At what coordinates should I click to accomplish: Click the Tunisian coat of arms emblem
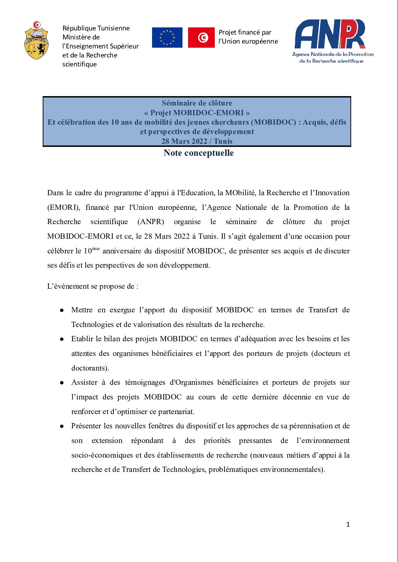[36, 41]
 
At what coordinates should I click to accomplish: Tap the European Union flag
[167, 38]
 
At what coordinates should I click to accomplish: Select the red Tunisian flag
[201, 38]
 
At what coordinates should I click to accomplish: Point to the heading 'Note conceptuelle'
[199, 153]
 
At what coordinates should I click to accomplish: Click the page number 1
[348, 524]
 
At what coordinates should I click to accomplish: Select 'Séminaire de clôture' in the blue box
[197, 103]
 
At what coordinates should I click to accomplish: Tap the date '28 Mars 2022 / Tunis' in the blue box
[197, 141]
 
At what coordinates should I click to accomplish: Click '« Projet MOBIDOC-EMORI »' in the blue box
[197, 113]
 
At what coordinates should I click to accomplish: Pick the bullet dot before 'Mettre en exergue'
[62, 310]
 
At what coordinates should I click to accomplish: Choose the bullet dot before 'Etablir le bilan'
[62, 339]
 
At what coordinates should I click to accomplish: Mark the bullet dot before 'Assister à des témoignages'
[62, 383]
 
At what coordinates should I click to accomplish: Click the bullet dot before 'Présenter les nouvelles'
[62, 426]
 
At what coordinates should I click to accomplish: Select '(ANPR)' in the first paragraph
[151, 222]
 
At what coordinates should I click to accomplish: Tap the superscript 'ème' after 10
[96, 249]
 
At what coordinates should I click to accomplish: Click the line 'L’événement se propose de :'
[93, 286]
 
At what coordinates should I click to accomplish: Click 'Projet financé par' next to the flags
[245, 33]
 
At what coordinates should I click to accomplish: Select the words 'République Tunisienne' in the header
[96, 28]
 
